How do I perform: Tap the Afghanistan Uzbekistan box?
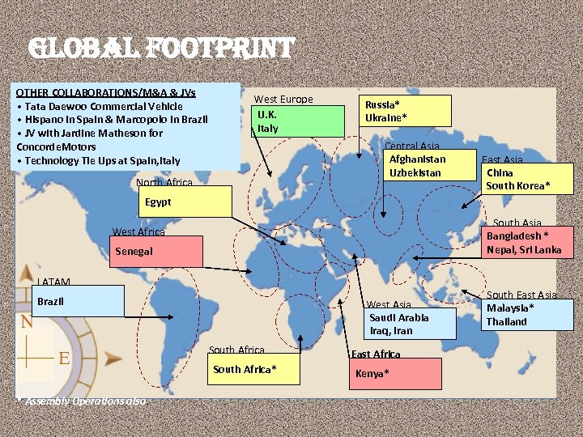click(x=416, y=166)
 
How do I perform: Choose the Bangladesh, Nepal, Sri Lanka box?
click(x=524, y=242)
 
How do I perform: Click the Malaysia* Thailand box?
click(x=518, y=315)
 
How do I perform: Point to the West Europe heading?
click(x=283, y=100)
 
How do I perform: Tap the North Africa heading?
click(x=164, y=183)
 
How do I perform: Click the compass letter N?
click(x=27, y=320)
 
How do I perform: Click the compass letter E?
click(x=62, y=357)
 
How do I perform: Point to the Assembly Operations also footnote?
click(x=81, y=401)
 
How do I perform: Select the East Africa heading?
click(x=376, y=354)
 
